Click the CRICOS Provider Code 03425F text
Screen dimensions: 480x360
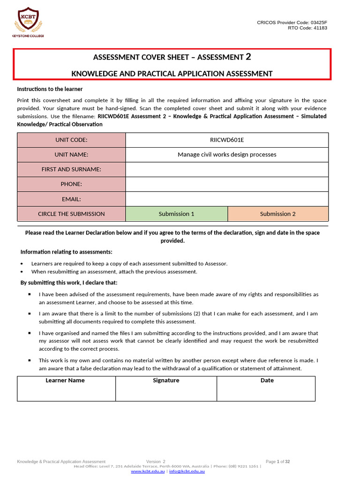pos(292,22)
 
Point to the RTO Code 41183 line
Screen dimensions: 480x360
pos(307,28)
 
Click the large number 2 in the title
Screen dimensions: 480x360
pos(248,57)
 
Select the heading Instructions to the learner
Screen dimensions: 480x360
pos(50,89)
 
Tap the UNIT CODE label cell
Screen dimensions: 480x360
pos(71,140)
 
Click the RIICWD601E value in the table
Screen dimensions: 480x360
pos(227,140)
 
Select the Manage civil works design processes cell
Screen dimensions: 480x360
pos(227,154)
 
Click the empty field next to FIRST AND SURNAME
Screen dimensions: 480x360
pos(227,169)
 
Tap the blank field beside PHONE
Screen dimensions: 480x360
pos(227,184)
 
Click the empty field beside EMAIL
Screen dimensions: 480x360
pos(227,199)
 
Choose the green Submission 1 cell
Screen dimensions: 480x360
pos(176,214)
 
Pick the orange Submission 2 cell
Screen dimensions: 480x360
pos(278,214)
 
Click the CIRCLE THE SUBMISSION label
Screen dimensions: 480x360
pos(71,214)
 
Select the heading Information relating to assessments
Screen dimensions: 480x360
pos(66,252)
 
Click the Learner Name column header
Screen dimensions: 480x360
pos(65,380)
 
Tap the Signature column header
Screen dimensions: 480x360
pos(166,380)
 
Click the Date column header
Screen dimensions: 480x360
pos(267,380)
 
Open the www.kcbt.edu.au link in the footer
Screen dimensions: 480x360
pos(148,471)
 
